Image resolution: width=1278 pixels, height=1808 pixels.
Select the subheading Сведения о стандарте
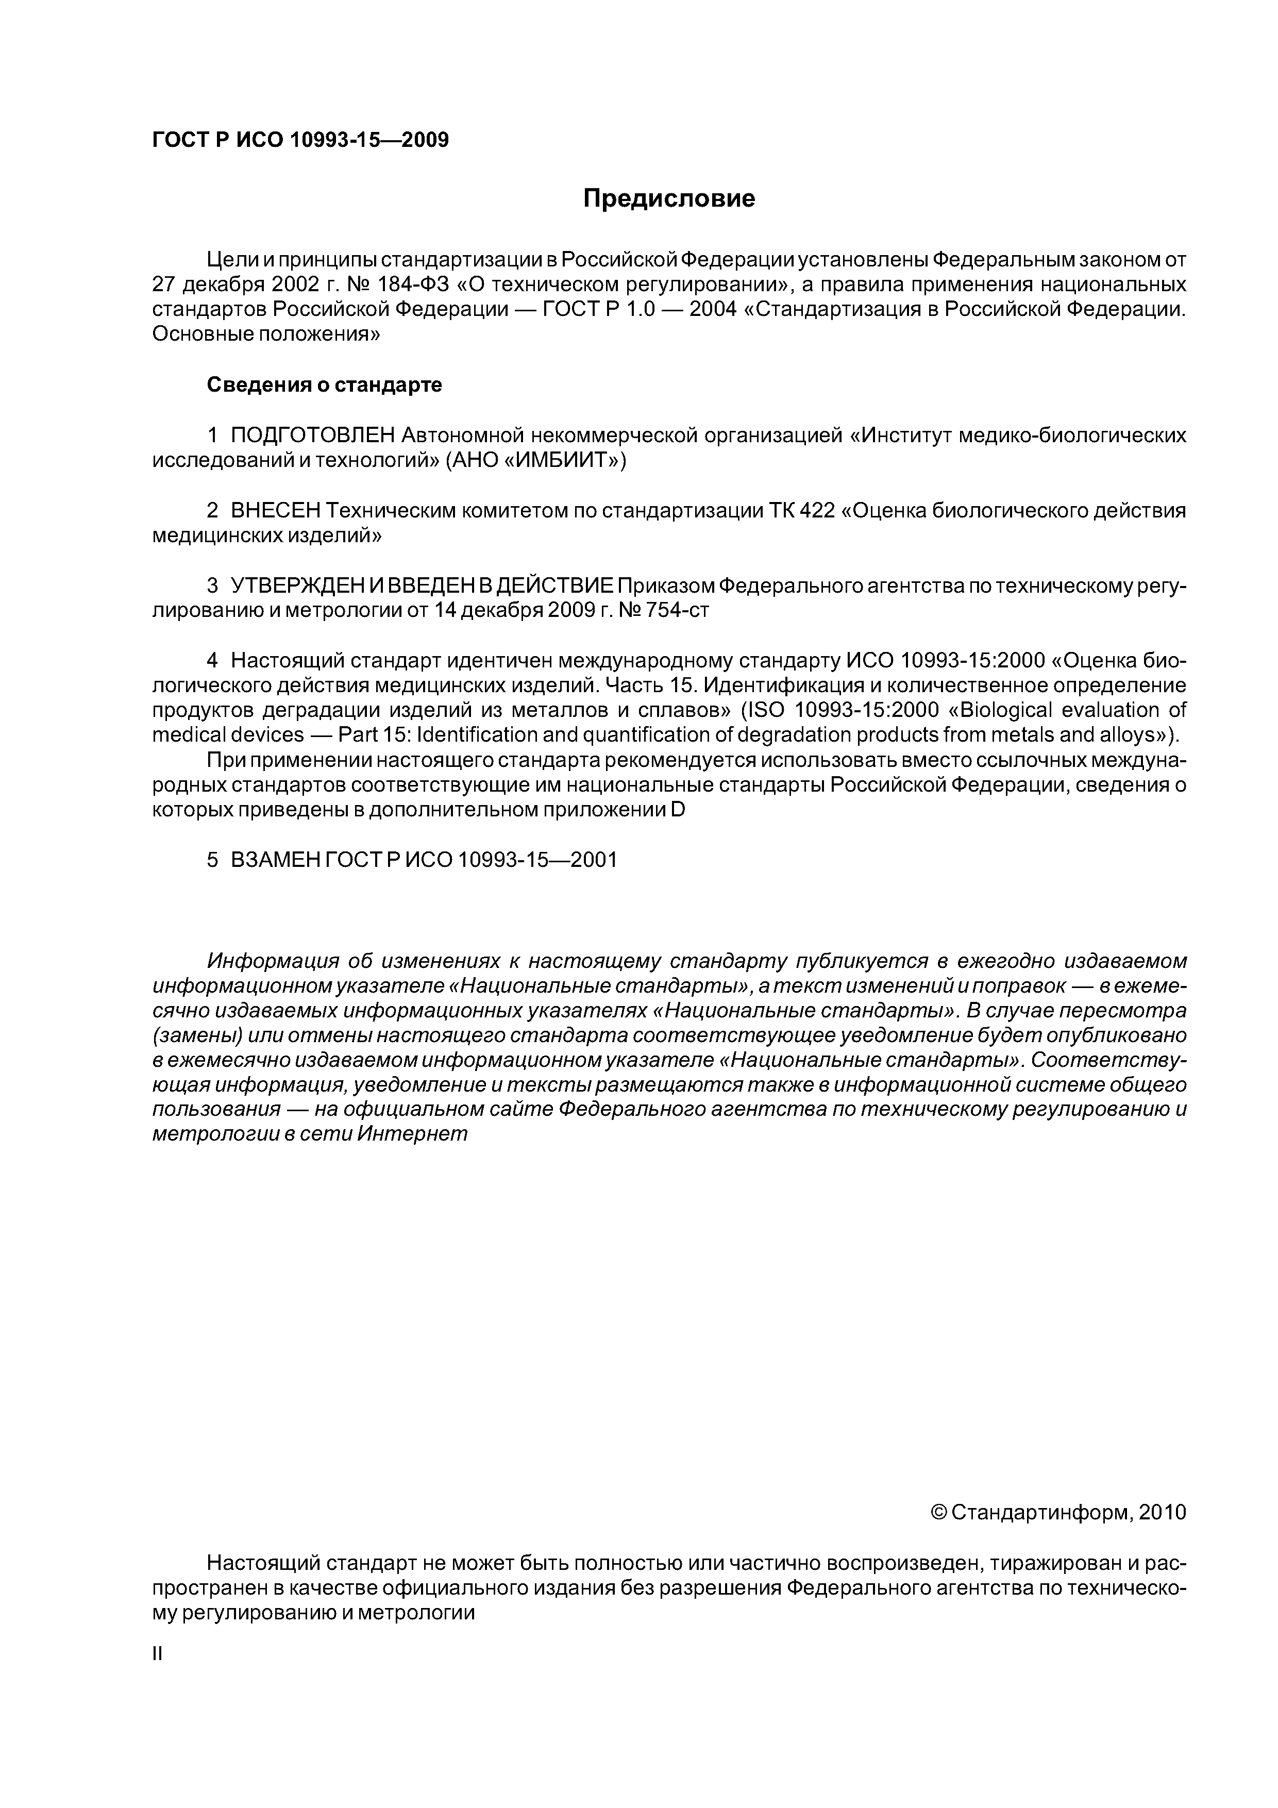pos(324,385)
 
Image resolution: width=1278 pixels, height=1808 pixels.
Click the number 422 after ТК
pos(818,511)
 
